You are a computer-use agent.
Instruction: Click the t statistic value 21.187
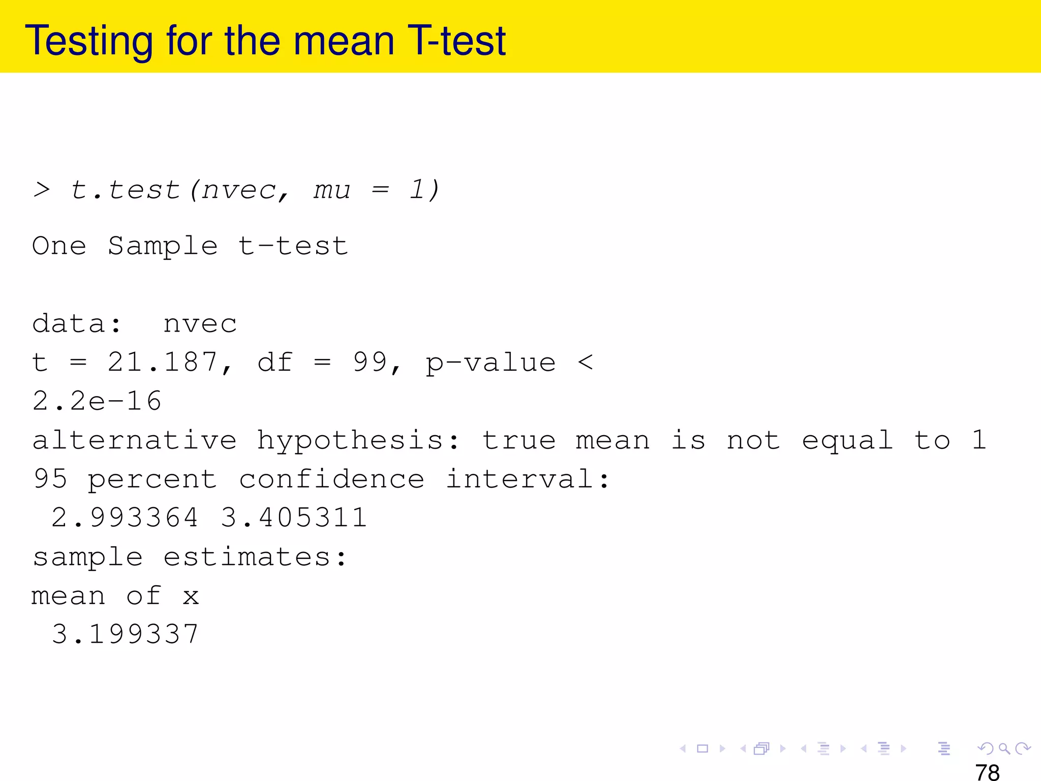point(163,363)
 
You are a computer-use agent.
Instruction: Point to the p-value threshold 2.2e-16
point(97,401)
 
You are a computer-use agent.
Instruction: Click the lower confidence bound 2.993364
point(125,518)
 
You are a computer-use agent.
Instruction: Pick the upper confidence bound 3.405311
point(294,518)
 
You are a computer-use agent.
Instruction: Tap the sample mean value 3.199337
point(125,634)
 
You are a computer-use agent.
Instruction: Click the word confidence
point(331,479)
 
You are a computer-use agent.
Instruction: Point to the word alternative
point(135,440)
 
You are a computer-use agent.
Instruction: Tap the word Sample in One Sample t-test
point(163,246)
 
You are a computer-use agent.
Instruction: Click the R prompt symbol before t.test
point(42,190)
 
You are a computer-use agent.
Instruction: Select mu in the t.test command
point(332,190)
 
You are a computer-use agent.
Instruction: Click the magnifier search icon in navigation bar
point(1004,748)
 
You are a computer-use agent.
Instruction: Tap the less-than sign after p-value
point(586,363)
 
